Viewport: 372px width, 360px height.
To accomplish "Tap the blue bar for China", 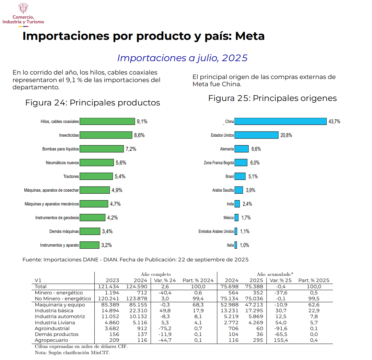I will pyautogui.click(x=280, y=121).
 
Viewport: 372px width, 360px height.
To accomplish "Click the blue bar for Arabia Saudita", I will pyautogui.click(x=239, y=190).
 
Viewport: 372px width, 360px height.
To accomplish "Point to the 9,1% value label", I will pyautogui.click(x=142, y=122).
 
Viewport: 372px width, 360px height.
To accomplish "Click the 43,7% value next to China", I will pyautogui.click(x=334, y=122).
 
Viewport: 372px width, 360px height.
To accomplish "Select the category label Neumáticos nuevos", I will pyautogui.click(x=62, y=163).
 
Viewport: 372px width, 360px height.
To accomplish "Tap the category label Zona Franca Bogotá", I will pyautogui.click(x=219, y=163).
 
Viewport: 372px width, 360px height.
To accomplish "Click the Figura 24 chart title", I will pyautogui.click(x=93, y=103).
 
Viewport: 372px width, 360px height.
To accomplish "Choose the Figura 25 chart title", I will pyautogui.click(x=272, y=98).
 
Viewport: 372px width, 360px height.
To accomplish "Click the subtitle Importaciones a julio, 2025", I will pyautogui.click(x=182, y=58).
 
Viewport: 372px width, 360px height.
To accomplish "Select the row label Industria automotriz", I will pyautogui.click(x=60, y=316).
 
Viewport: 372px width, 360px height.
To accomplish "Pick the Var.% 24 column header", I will pyautogui.click(x=165, y=280).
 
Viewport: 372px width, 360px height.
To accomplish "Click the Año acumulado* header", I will pyautogui.click(x=275, y=274).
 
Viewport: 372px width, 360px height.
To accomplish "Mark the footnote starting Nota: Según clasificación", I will pyautogui.click(x=72, y=353).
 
